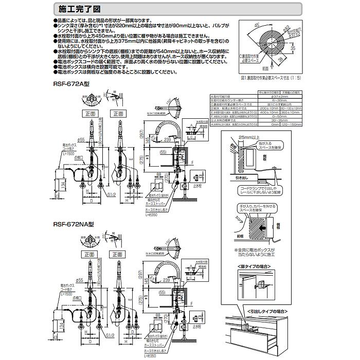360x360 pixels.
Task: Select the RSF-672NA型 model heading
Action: pos(73,224)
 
